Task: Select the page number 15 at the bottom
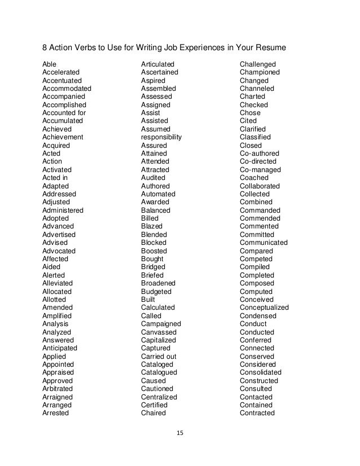tap(180, 434)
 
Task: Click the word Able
tap(50, 64)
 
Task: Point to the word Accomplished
tap(64, 105)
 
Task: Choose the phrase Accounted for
tap(64, 113)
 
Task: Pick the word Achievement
tap(63, 137)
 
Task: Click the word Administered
tap(63, 210)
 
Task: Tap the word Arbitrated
tap(57, 389)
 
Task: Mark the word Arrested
tap(55, 413)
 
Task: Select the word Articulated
tap(158, 64)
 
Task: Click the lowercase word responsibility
tap(161, 137)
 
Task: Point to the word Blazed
tap(152, 226)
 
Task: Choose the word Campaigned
tap(161, 324)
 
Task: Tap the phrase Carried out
tap(159, 357)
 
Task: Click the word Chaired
tap(153, 413)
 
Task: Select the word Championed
tap(260, 72)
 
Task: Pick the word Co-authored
tap(260, 153)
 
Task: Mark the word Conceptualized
tap(264, 307)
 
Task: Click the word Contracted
tap(257, 413)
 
